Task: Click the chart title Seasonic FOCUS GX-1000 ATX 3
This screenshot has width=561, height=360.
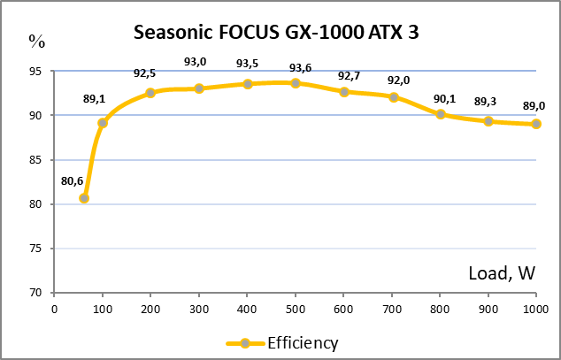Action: pos(275,33)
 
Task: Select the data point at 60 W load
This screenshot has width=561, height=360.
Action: pos(83,198)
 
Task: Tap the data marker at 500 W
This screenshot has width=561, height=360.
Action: pos(296,83)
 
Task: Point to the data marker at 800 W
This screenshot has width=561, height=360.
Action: pos(441,114)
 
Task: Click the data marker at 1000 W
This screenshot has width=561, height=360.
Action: pos(536,124)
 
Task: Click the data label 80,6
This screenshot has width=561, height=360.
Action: pos(73,180)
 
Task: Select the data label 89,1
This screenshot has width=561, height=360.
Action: pos(95,99)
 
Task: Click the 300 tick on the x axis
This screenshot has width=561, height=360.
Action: pos(199,309)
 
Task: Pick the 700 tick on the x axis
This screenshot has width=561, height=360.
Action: pos(392,309)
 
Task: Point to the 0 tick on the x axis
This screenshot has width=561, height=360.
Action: pos(54,309)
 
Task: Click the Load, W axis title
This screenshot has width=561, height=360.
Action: pos(502,273)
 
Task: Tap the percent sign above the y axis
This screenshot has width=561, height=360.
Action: pos(36,40)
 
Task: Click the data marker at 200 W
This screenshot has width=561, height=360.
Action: pos(150,93)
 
